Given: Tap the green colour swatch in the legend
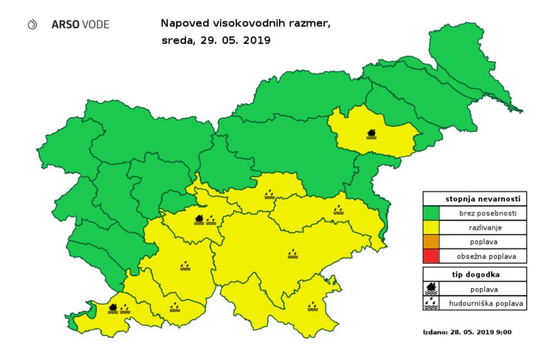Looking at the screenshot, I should coord(435,212).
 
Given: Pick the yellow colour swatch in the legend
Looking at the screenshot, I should coord(435,227).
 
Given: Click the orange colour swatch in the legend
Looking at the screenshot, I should coord(435,242).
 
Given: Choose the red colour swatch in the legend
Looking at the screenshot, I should coord(435,257).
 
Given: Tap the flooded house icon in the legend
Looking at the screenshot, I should coord(433,289).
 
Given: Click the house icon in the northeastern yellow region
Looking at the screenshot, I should coord(371,133).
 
